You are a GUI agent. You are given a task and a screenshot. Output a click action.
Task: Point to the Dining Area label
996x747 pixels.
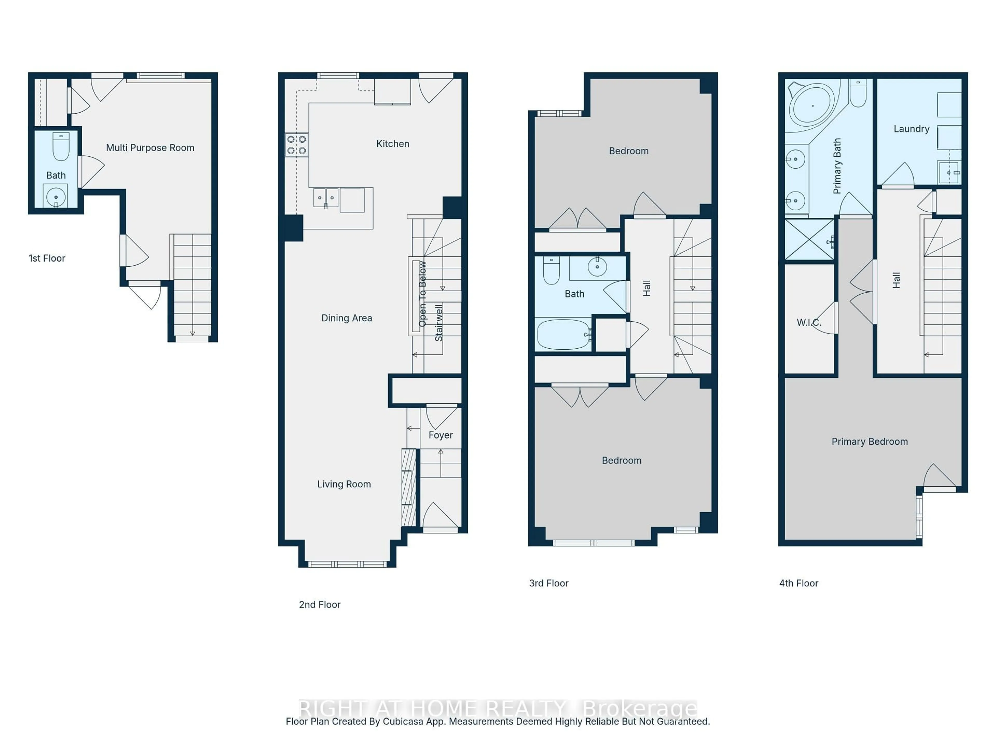tap(346, 318)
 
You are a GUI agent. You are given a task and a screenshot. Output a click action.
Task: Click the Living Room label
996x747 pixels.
tap(344, 484)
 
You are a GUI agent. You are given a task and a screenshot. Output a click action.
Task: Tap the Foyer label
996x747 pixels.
tap(440, 435)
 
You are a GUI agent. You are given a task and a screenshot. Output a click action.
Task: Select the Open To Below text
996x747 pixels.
tap(422, 294)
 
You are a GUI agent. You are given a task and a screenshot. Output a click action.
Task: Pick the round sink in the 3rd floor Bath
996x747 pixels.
tap(597, 267)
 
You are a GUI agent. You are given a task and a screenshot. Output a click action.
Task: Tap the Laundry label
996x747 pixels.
tap(911, 129)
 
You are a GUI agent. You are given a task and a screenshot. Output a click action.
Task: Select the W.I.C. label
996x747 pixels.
tap(809, 322)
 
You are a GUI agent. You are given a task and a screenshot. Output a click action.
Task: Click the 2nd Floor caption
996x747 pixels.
tap(319, 605)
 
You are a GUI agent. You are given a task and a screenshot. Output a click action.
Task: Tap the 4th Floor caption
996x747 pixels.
tap(798, 583)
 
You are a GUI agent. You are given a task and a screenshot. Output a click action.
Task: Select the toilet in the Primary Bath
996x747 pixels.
tap(858, 94)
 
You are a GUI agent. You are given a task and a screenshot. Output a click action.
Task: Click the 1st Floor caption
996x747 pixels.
tap(47, 258)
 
